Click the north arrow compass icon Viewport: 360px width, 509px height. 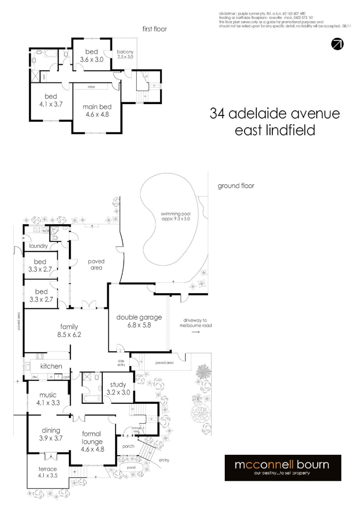337,44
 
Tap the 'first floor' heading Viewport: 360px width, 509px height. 155,29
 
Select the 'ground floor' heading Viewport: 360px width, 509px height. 236,186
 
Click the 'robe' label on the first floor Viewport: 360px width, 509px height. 92,87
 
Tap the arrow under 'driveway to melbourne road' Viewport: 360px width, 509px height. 196,332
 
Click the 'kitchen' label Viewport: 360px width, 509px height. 51,366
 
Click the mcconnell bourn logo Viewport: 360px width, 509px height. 282,468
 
